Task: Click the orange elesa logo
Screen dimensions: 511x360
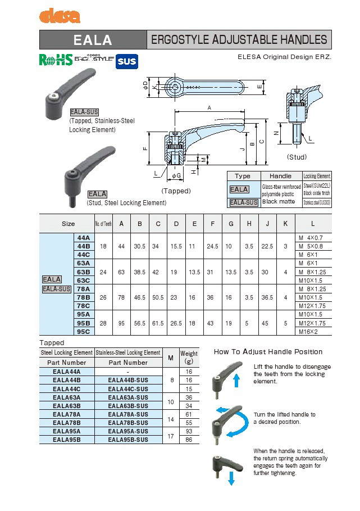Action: tap(60, 16)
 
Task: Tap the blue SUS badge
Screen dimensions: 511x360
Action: tap(127, 61)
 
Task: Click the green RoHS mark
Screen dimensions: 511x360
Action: tap(56, 60)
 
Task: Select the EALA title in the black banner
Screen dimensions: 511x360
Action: tap(93, 40)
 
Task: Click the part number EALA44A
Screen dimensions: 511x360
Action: tap(66, 372)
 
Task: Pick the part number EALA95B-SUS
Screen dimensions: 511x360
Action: tap(128, 439)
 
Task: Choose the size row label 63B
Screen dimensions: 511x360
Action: tap(83, 272)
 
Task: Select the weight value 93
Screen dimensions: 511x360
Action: tap(189, 431)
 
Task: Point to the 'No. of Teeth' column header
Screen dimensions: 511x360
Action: tap(103, 224)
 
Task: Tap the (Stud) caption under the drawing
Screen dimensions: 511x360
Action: tap(297, 157)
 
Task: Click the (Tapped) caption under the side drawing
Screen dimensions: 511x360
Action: tap(176, 191)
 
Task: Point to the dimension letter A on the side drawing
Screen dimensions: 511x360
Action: tap(209, 107)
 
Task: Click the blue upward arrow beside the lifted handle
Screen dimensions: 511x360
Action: tap(236, 380)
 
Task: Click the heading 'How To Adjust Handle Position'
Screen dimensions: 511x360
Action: tap(268, 352)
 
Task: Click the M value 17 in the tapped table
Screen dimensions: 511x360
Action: tap(170, 435)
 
